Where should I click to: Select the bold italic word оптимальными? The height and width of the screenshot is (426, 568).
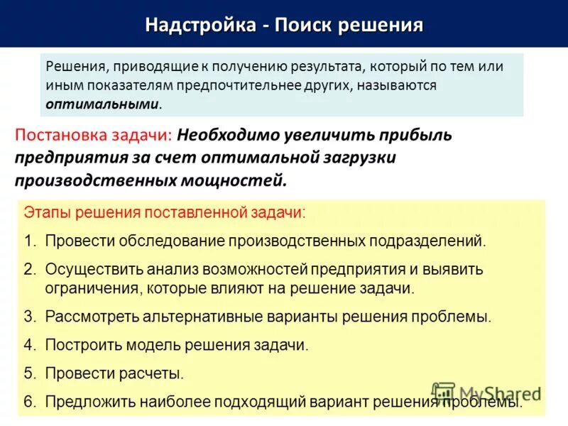tap(102, 104)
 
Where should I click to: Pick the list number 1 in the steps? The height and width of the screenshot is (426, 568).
tap(29, 241)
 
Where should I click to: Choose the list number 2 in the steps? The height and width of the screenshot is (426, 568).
tap(29, 270)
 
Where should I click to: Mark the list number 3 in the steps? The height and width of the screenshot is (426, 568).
tap(29, 317)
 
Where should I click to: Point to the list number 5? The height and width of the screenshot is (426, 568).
tap(29, 373)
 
